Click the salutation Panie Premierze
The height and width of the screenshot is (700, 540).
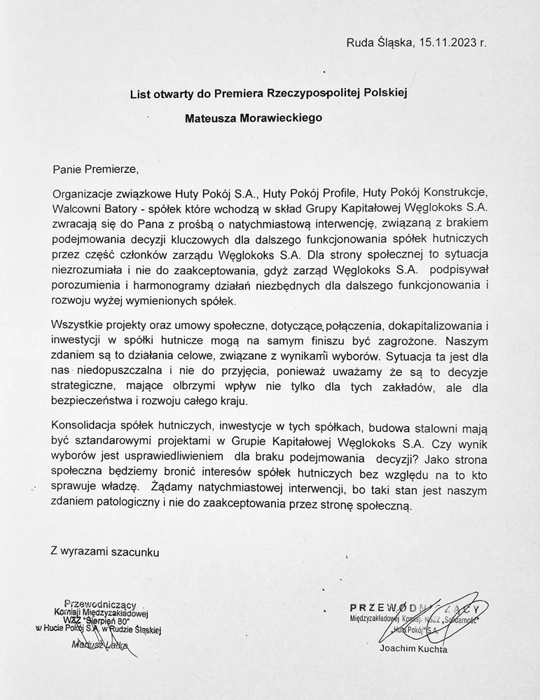click(96, 168)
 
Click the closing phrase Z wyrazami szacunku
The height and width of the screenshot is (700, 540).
click(105, 552)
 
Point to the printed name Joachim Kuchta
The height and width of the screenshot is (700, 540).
click(412, 650)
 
